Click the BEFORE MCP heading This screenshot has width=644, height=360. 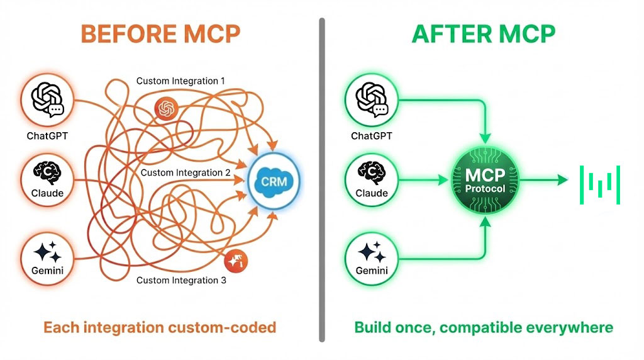click(161, 34)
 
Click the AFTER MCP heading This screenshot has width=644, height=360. click(484, 34)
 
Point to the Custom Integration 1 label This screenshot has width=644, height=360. click(180, 81)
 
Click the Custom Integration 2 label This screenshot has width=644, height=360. click(186, 172)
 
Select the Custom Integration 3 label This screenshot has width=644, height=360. click(181, 280)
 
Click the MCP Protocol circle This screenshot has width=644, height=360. click(485, 180)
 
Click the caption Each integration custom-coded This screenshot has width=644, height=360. click(160, 327)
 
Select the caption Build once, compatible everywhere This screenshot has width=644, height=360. click(484, 327)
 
